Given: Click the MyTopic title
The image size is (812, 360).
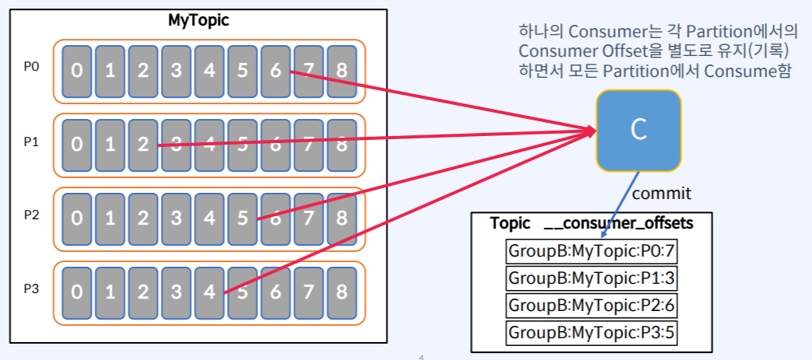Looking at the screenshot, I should [198, 21].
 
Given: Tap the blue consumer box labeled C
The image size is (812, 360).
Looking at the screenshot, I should [639, 130].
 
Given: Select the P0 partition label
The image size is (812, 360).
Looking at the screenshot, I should [31, 68].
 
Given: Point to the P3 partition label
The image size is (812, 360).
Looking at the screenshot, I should [31, 289].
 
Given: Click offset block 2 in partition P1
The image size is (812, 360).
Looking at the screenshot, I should [142, 145].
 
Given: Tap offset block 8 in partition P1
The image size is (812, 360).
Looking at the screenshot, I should [341, 145].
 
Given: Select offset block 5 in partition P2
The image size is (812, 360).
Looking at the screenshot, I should [242, 218].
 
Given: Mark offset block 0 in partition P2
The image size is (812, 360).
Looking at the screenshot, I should [76, 218].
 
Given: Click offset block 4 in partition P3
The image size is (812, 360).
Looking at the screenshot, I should [209, 292].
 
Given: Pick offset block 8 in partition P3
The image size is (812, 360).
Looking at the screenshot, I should [341, 292].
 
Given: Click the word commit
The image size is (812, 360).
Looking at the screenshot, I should [661, 193].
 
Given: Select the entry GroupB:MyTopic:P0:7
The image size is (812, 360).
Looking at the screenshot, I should [591, 251].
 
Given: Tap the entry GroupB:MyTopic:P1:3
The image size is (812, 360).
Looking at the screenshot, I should [591, 278].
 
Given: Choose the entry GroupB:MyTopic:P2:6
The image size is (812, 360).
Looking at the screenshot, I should [591, 306].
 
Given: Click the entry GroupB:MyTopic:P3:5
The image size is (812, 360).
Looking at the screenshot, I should [591, 333].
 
